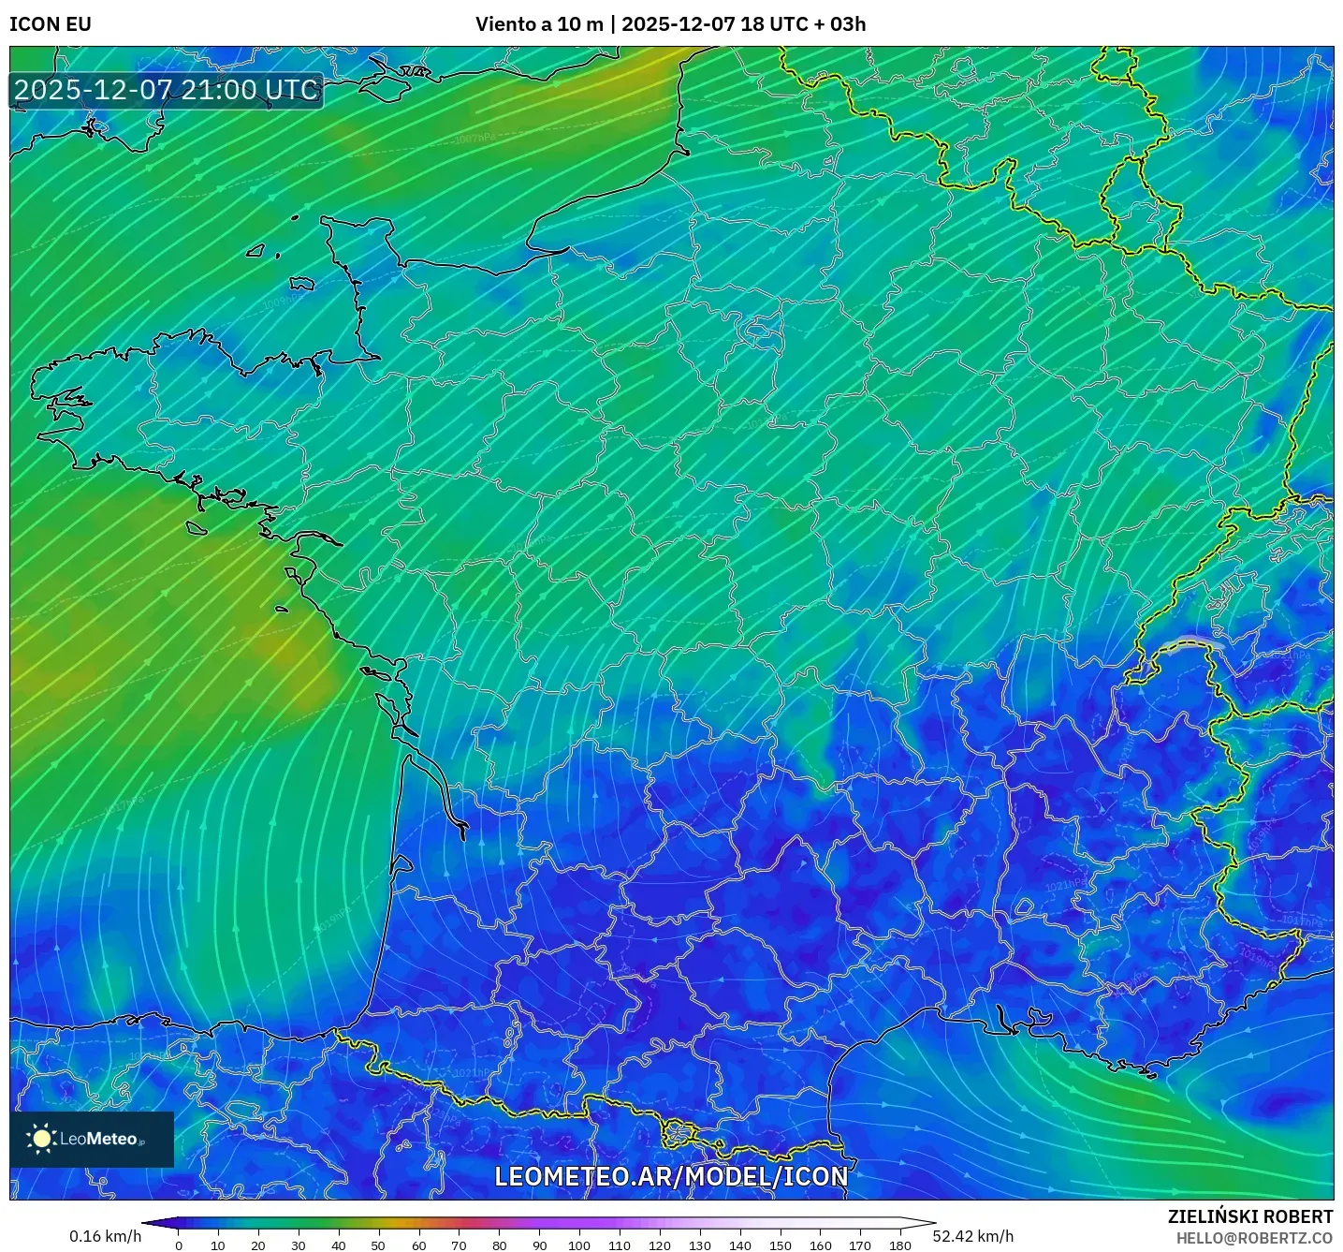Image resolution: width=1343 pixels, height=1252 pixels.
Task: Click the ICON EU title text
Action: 51,24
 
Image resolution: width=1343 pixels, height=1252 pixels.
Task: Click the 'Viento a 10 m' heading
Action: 539,24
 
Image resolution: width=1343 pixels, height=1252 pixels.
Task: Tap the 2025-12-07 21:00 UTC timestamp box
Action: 167,90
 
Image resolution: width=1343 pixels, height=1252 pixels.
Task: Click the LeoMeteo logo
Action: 92,1139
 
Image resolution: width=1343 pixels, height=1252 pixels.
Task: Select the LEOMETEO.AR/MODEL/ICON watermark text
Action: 671,1176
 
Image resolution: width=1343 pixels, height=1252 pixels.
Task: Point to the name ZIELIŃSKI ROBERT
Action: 1250,1216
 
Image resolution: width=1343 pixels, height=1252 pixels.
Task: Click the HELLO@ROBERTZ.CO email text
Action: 1254,1238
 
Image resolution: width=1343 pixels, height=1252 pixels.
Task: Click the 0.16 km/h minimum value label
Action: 105,1236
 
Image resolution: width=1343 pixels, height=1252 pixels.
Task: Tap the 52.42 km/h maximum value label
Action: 973,1236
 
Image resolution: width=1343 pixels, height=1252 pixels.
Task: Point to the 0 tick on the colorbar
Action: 179,1245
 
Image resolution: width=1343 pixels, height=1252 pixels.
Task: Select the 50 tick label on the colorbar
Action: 378,1245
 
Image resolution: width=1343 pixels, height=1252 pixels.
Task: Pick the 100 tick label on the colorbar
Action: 579,1245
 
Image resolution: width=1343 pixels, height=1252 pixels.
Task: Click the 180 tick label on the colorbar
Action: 899,1245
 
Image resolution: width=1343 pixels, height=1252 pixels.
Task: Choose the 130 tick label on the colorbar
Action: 700,1245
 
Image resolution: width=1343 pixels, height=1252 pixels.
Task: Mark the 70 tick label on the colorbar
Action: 459,1245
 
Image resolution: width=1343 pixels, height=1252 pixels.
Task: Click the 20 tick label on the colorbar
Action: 258,1245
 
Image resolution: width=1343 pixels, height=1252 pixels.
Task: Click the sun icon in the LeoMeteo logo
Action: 42,1139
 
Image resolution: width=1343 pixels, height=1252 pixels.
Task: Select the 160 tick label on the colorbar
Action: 820,1245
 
